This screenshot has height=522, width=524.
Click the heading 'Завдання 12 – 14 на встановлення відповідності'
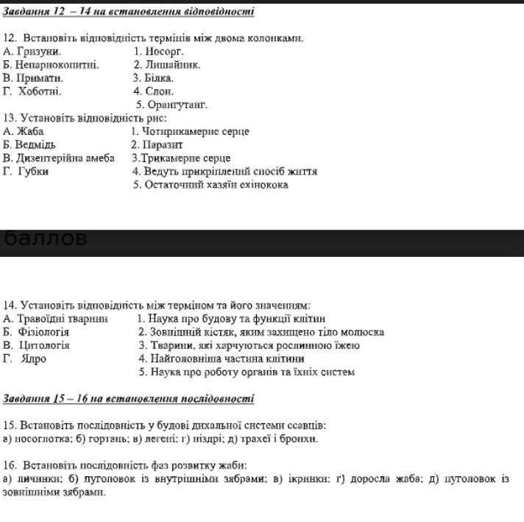(129, 11)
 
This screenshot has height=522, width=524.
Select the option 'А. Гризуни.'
(32, 52)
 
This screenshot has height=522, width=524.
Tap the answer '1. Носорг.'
(158, 52)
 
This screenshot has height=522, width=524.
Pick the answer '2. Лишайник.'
(166, 65)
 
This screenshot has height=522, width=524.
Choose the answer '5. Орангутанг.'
(177, 105)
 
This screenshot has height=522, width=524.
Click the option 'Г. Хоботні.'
(32, 91)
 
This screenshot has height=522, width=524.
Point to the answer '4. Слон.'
(153, 91)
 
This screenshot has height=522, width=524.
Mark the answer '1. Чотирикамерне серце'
(190, 131)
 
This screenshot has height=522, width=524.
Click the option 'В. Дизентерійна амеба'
(59, 158)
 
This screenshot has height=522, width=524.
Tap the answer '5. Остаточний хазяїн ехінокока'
(210, 185)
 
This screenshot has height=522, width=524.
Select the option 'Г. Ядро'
(25, 359)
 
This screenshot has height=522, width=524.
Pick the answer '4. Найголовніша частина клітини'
(222, 359)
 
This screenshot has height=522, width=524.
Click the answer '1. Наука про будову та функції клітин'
(231, 318)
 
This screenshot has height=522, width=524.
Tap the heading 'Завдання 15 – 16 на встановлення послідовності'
(129, 398)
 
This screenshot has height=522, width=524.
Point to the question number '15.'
(10, 425)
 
